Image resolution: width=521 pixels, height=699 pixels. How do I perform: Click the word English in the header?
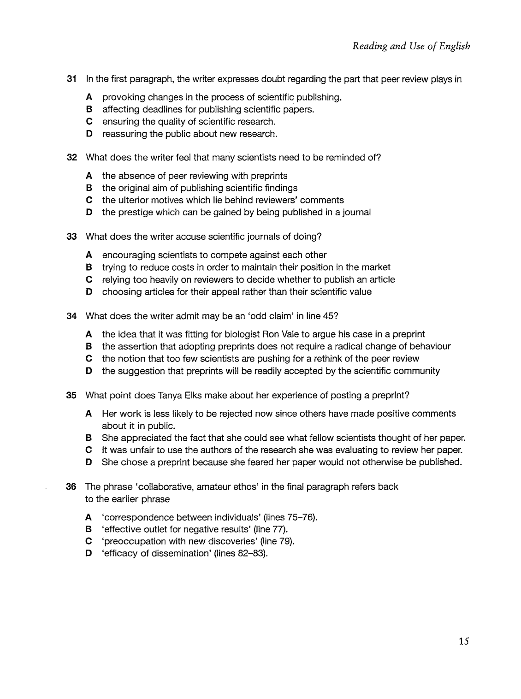pyautogui.click(x=454, y=46)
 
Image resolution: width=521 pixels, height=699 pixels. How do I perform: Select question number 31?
pyautogui.click(x=71, y=79)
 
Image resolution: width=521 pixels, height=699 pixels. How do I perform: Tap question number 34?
pyautogui.click(x=71, y=316)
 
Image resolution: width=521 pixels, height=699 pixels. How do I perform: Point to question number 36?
pyautogui.click(x=71, y=487)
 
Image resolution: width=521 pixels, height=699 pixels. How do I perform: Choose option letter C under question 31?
pyautogui.click(x=89, y=122)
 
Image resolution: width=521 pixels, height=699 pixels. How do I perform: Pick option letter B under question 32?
pyautogui.click(x=89, y=188)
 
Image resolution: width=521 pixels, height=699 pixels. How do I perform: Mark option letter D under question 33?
pyautogui.click(x=89, y=292)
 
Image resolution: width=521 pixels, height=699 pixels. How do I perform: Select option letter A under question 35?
pyautogui.click(x=89, y=414)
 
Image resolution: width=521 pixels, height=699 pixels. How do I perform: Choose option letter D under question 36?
pyautogui.click(x=89, y=554)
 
